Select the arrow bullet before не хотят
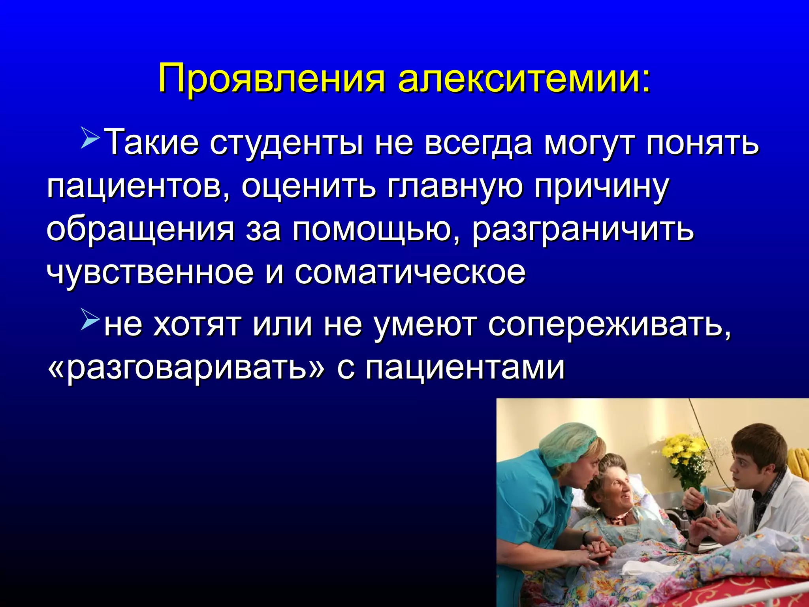pos(90,320)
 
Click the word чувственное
pos(150,273)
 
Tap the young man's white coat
pos(774,510)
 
